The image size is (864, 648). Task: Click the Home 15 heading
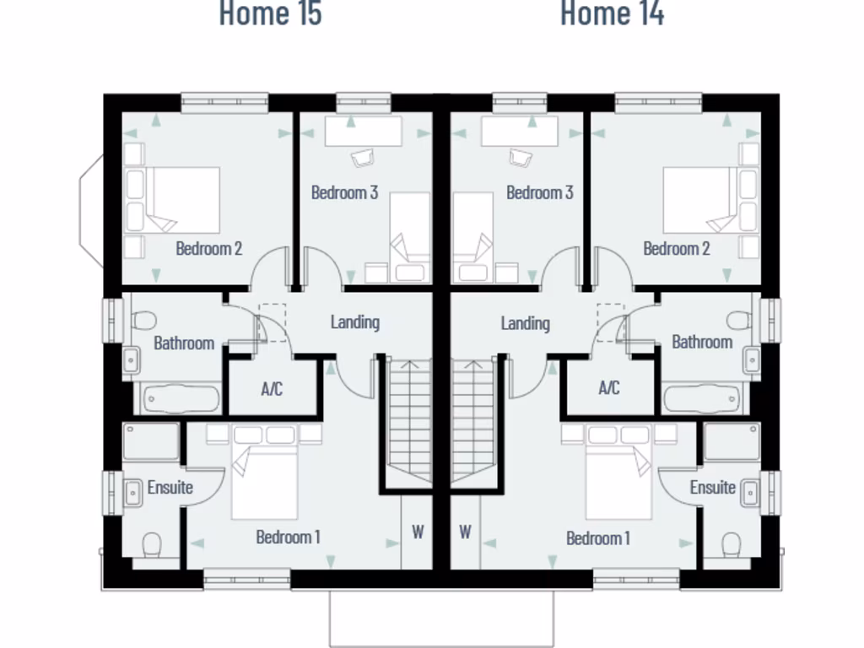270,14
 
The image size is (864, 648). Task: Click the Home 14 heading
612,14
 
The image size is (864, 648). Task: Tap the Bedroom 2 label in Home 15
208,249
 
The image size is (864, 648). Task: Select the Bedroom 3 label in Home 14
539,192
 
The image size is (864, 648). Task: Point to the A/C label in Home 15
272,389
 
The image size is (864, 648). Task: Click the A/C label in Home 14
608,388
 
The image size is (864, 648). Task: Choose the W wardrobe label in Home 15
417,532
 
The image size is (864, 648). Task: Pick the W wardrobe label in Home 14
465,532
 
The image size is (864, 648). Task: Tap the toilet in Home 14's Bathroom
739,321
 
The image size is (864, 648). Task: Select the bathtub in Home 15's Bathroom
181,399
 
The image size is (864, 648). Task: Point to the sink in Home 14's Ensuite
750,493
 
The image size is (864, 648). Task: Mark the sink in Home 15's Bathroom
132,360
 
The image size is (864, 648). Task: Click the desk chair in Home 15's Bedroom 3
363,158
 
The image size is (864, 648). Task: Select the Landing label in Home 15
354,321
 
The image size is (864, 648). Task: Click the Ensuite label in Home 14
712,488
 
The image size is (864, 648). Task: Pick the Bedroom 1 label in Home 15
288,537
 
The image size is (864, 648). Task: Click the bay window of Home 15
91,211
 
